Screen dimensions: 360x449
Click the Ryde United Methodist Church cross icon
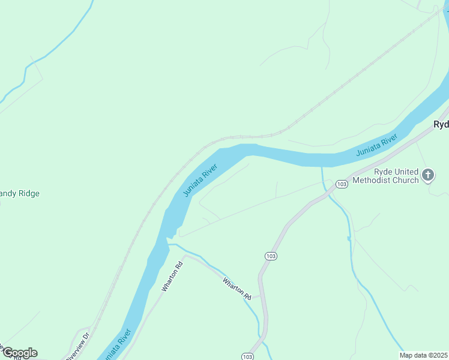pyautogui.click(x=428, y=175)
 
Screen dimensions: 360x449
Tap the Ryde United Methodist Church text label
pyautogui.click(x=386, y=175)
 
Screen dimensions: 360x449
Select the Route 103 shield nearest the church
pyautogui.click(x=342, y=184)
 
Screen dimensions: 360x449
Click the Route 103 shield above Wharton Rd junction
pyautogui.click(x=271, y=256)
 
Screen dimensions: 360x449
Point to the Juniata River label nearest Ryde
pyautogui.click(x=377, y=146)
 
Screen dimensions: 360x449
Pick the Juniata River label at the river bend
pyautogui.click(x=199, y=180)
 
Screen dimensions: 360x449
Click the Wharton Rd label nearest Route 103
pyautogui.click(x=237, y=289)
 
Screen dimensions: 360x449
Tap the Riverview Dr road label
pyautogui.click(x=78, y=346)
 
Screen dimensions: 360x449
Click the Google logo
pyautogui.click(x=19, y=353)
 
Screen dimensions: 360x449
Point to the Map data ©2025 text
pyautogui.click(x=423, y=355)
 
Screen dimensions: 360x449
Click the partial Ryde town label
pyautogui.click(x=441, y=124)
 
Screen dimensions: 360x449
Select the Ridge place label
pyautogui.click(x=20, y=194)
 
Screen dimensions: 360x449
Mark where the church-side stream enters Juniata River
pyautogui.click(x=322, y=167)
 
